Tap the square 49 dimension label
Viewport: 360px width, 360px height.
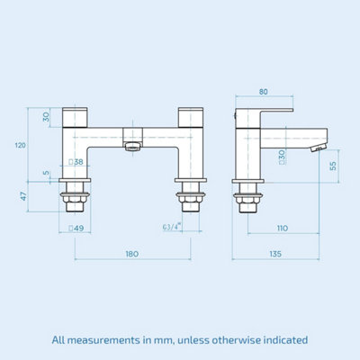(x=78, y=229)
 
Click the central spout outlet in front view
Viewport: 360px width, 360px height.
(x=132, y=146)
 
